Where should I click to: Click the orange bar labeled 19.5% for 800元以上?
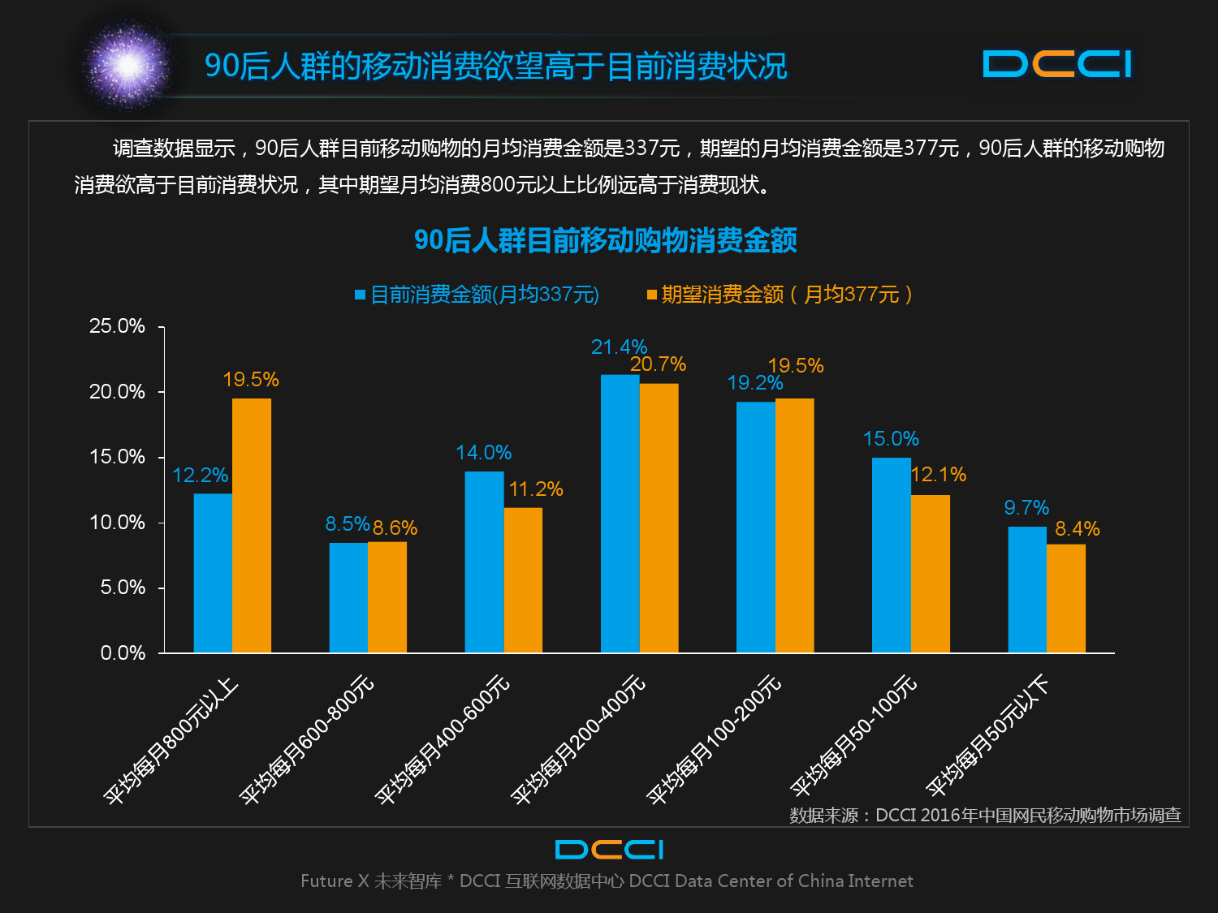(x=252, y=525)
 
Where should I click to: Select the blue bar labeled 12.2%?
(x=213, y=573)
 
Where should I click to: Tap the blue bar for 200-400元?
(x=620, y=513)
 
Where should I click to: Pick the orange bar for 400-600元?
(x=523, y=579)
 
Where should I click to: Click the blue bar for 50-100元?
(x=891, y=555)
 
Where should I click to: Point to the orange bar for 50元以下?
(x=1065, y=598)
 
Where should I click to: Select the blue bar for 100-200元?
(x=755, y=527)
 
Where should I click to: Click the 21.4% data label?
(x=619, y=347)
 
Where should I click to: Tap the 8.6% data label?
(x=395, y=528)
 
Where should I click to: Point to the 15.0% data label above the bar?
(x=891, y=439)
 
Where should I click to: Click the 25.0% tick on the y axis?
(x=117, y=326)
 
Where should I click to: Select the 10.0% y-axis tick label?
(x=117, y=523)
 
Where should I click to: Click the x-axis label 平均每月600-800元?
(x=307, y=739)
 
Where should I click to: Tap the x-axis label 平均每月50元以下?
(x=987, y=735)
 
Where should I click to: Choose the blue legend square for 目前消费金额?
(x=360, y=295)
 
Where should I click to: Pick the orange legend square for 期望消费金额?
(x=651, y=295)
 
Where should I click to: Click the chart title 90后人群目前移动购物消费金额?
(x=606, y=240)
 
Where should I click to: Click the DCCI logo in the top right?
(x=1056, y=64)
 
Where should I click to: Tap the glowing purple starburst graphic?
(x=127, y=65)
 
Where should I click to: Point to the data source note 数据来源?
(x=985, y=815)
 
